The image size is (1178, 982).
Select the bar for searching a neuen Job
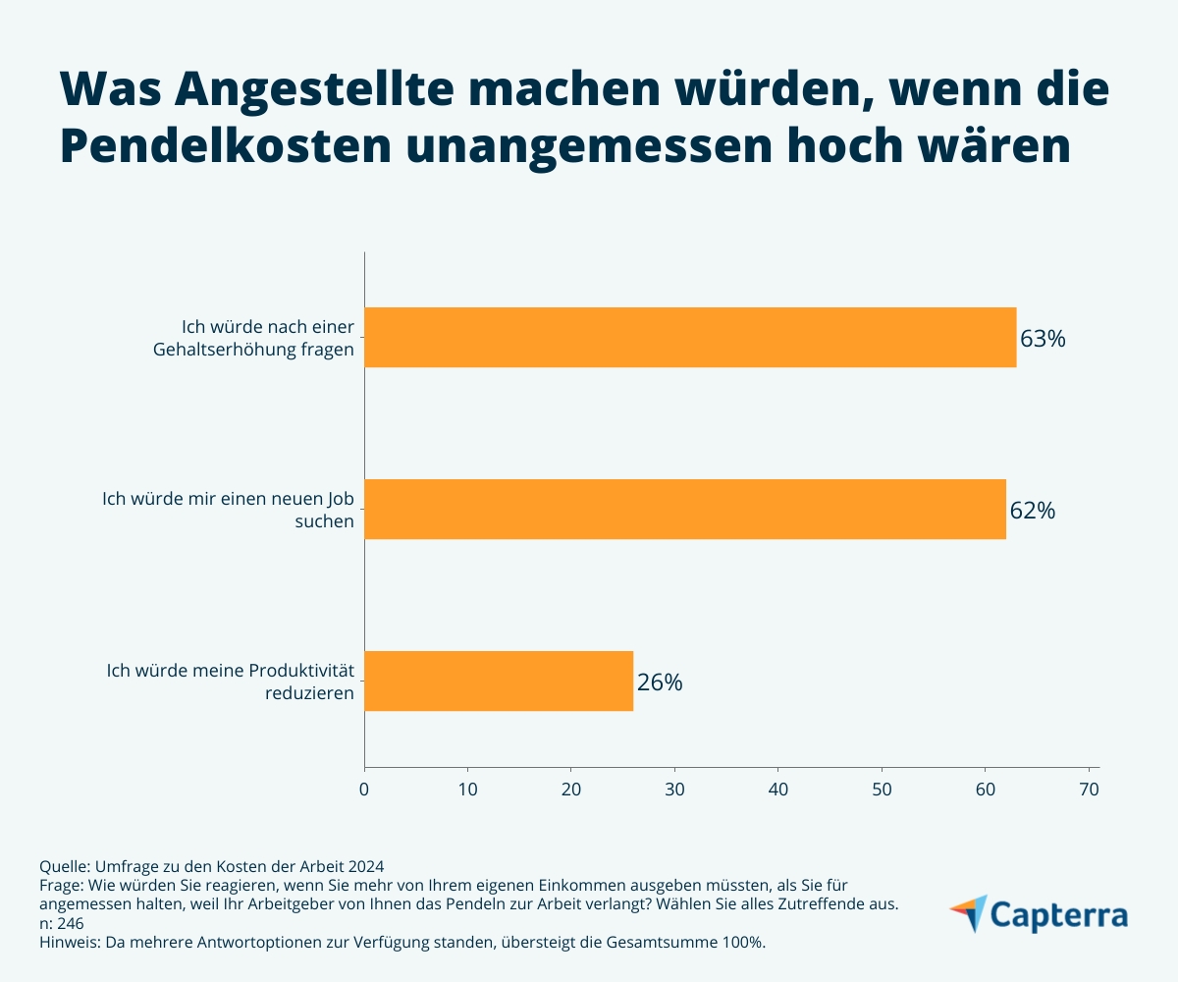click(x=685, y=509)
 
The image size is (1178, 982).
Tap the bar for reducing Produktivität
click(x=499, y=681)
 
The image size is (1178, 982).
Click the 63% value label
click(x=1043, y=339)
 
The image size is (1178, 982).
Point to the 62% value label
click(x=1032, y=511)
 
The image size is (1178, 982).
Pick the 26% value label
click(x=659, y=682)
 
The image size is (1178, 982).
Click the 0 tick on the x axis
click(x=364, y=789)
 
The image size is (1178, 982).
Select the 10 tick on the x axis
click(x=467, y=789)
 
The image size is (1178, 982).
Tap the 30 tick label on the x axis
click(x=674, y=789)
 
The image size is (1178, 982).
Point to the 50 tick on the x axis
click(x=882, y=789)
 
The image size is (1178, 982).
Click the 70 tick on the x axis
click(x=1089, y=789)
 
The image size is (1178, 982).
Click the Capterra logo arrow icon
click(x=969, y=913)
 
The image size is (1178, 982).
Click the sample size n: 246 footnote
click(x=61, y=923)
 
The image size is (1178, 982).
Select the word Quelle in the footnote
click(x=63, y=866)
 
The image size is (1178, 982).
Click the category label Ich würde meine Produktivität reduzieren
click(x=230, y=680)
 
